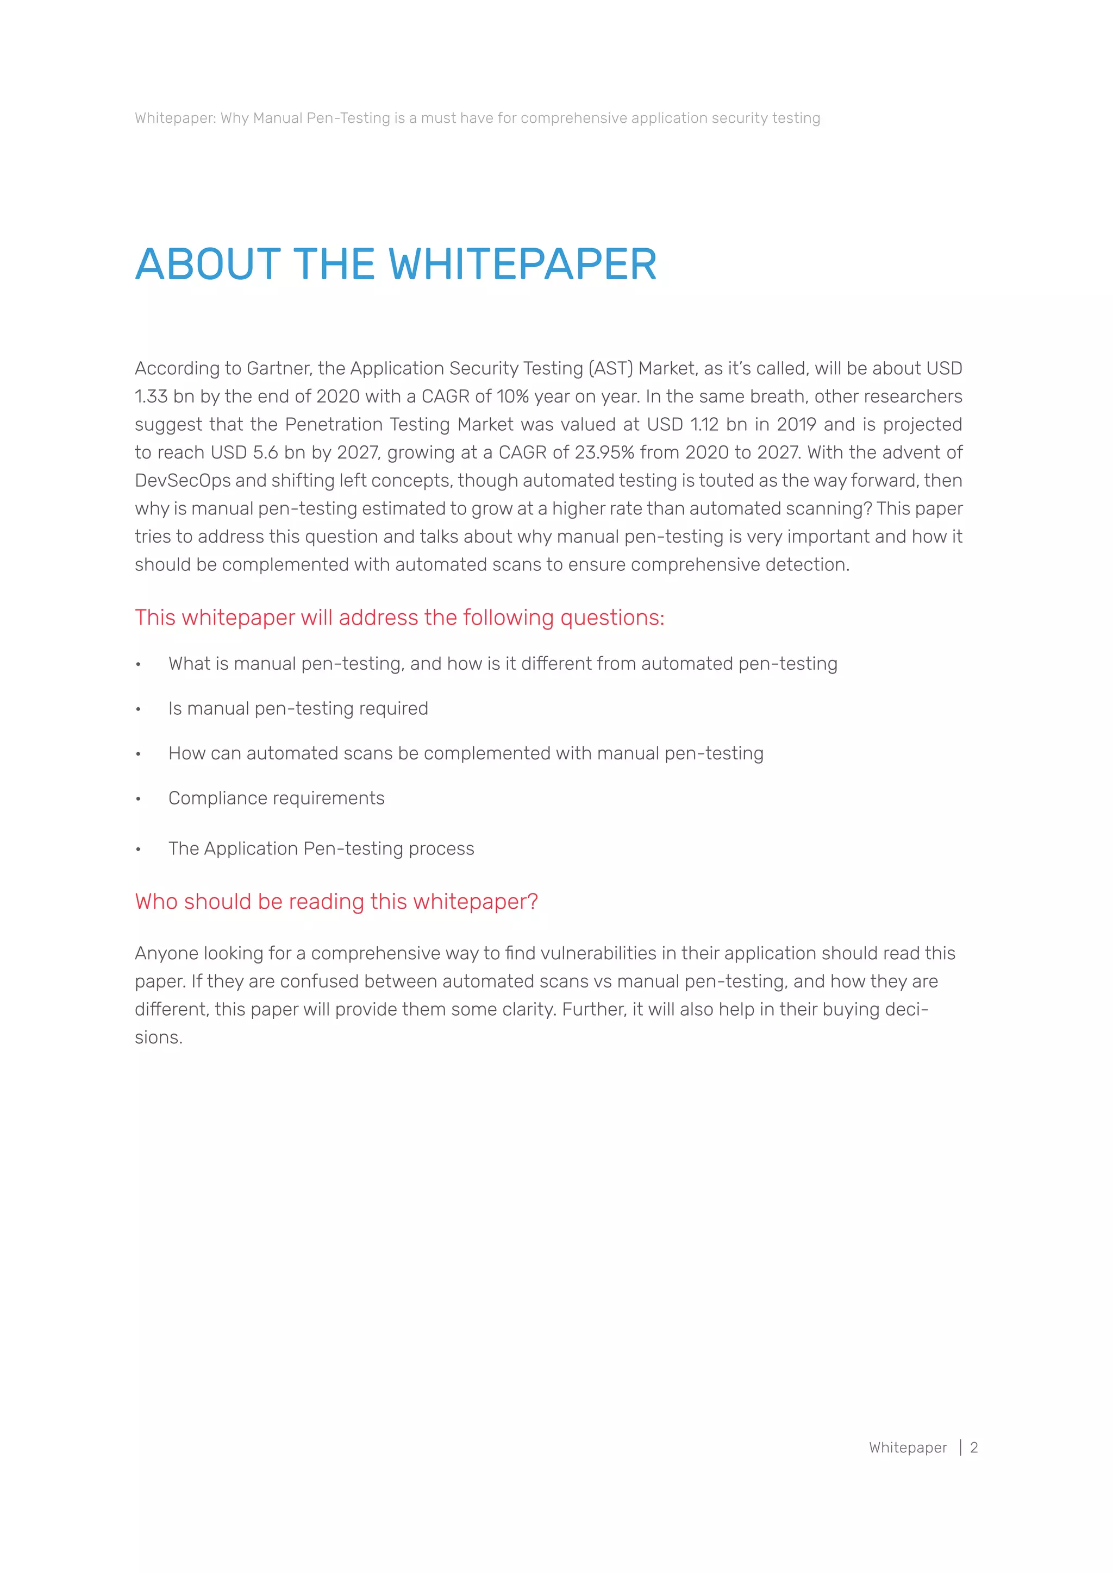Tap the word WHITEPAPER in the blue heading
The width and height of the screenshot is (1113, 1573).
522,265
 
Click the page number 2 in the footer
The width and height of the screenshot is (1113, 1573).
973,1448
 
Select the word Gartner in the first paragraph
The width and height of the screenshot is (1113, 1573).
279,369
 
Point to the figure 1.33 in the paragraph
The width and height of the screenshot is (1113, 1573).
151,397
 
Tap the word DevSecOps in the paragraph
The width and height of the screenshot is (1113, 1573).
182,481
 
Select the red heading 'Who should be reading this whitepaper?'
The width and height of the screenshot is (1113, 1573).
336,902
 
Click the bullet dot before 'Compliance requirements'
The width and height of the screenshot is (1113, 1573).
139,799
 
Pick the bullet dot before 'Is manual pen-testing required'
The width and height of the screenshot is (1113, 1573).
139,709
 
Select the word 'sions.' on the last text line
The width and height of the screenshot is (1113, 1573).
158,1038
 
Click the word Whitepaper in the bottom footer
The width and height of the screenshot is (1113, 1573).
908,1448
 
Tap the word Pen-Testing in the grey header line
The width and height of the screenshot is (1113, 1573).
348,118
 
